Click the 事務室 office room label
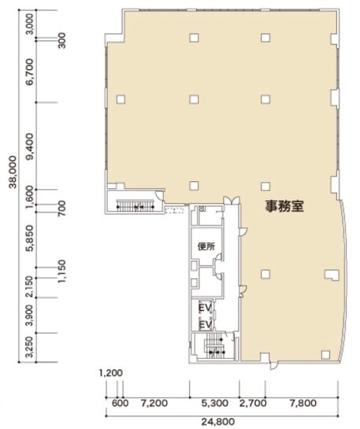[x=284, y=206]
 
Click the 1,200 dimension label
[x=111, y=373]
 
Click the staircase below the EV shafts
[x=211, y=347]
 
